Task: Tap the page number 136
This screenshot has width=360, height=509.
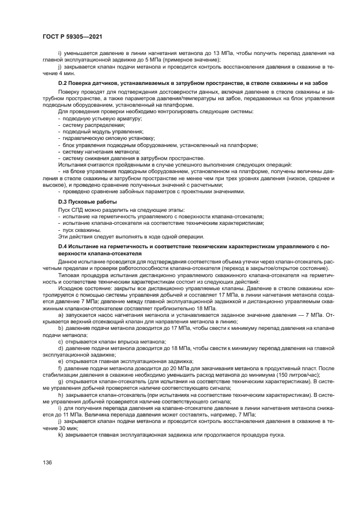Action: coord(47,463)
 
